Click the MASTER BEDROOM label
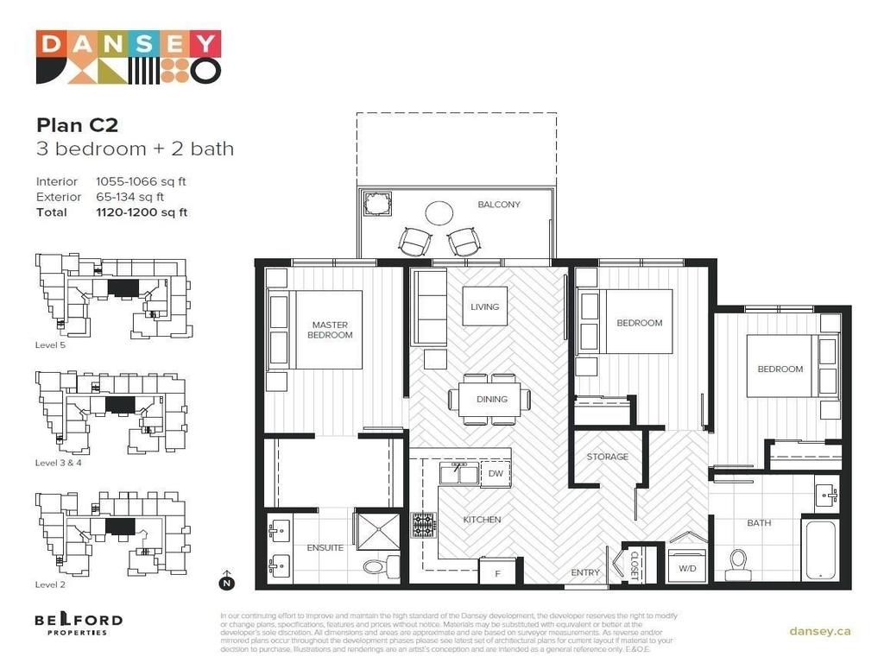point(331,330)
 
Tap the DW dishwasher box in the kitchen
point(496,474)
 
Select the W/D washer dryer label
point(688,569)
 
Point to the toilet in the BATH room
point(739,562)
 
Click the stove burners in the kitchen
point(423,525)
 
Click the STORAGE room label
point(608,457)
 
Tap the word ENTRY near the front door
point(585,572)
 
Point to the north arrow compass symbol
point(227,580)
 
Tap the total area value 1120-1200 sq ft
point(142,212)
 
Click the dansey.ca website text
point(819,631)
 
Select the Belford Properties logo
point(78,624)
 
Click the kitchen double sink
point(458,473)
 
